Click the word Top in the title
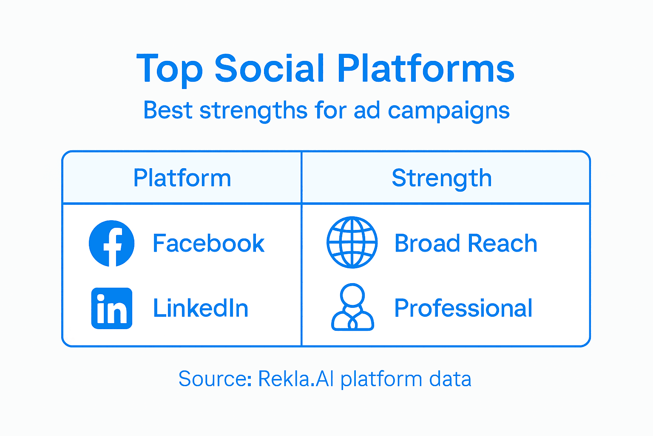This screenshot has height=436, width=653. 169,69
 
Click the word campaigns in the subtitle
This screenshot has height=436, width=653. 449,111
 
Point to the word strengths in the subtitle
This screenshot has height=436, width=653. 253,111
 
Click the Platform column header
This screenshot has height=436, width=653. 182,178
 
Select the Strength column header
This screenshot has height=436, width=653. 442,178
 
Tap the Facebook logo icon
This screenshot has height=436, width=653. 112,244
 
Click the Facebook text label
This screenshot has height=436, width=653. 208,244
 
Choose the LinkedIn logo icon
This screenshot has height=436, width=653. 112,308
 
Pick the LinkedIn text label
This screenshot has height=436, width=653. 201,308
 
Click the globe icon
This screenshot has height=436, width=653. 352,243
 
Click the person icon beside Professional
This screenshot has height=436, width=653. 352,307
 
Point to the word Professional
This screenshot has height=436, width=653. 463,308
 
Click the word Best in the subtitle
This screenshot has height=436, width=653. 168,110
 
